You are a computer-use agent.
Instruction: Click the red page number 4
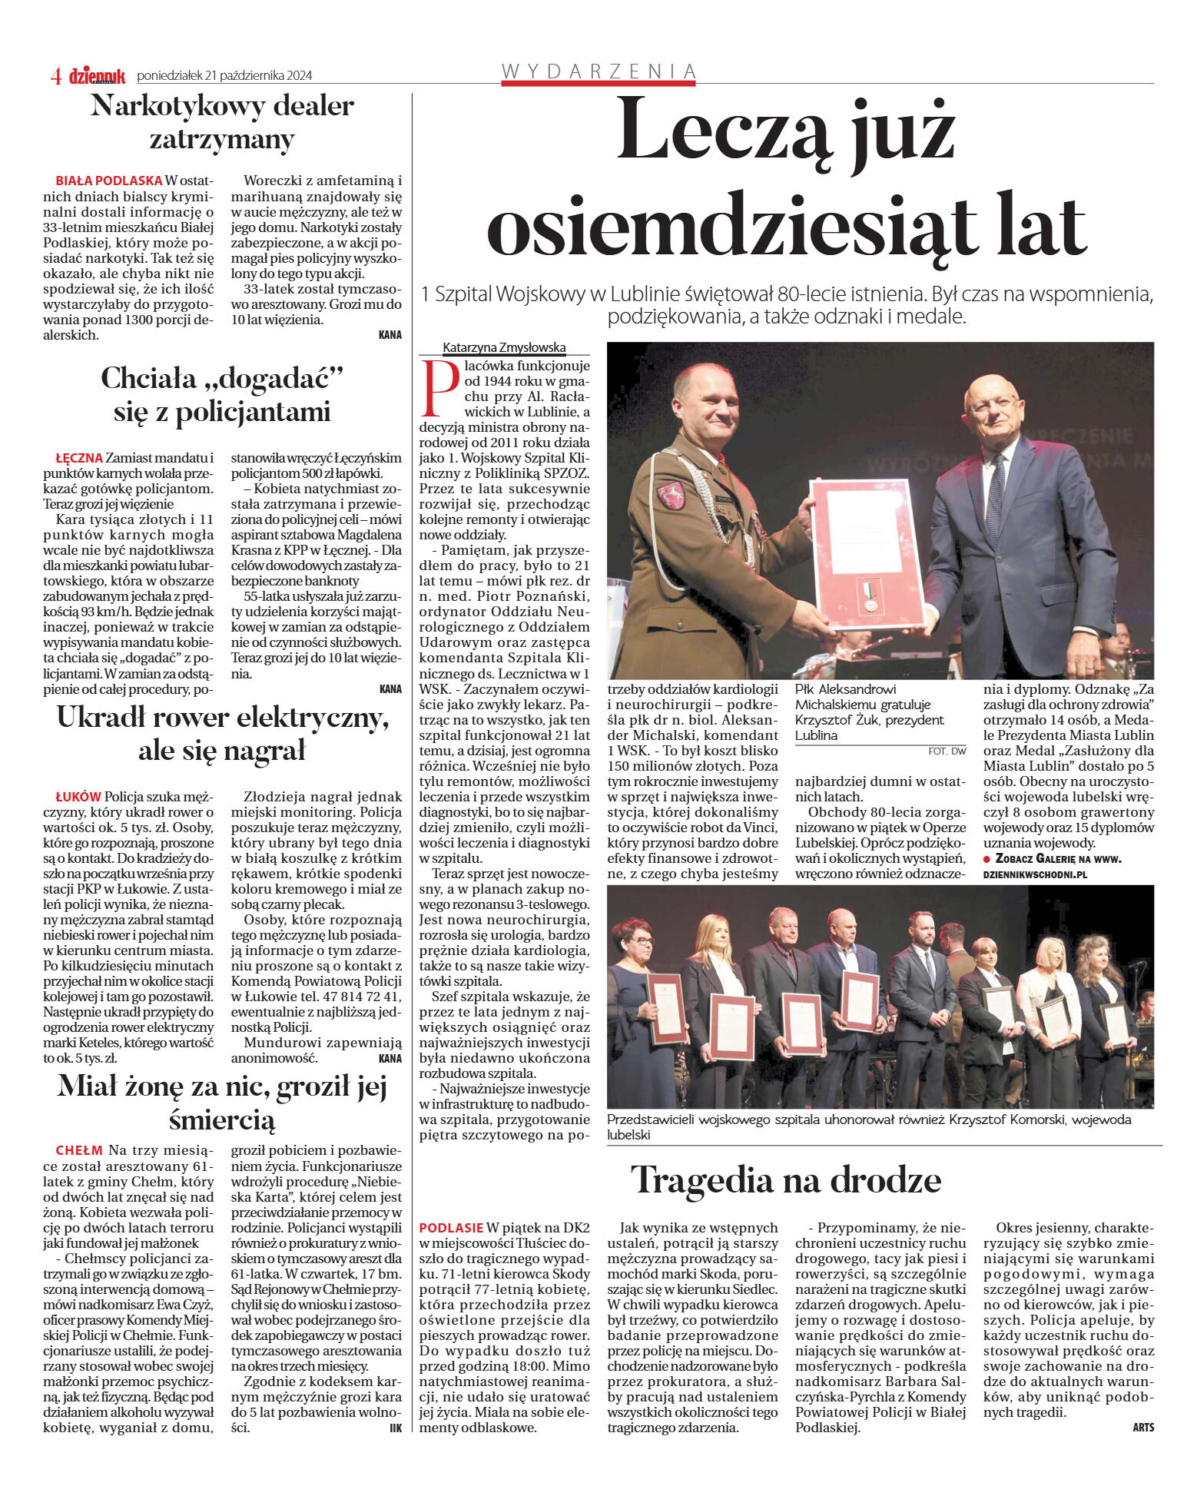pyautogui.click(x=55, y=75)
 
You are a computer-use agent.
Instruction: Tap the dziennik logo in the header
pyautogui.click(x=97, y=75)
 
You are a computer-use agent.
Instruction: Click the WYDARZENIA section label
pyautogui.click(x=598, y=71)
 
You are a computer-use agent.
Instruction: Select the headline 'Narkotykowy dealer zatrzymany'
pyautogui.click(x=222, y=121)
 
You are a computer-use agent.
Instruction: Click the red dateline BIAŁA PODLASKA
pyautogui.click(x=108, y=181)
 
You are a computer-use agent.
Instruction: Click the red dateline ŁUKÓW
pyautogui.click(x=78, y=797)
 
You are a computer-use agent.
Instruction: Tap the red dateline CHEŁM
pyautogui.click(x=79, y=1151)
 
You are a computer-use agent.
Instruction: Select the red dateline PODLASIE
pyautogui.click(x=451, y=1228)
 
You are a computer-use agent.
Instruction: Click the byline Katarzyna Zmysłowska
pyautogui.click(x=504, y=348)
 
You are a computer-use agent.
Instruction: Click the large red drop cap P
pyautogui.click(x=440, y=387)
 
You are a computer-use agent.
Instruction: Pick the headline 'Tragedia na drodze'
pyautogui.click(x=785, y=1180)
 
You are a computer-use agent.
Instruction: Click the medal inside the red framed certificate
pyautogui.click(x=870, y=601)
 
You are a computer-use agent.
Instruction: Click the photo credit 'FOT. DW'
pyautogui.click(x=947, y=751)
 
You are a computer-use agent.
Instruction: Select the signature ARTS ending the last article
pyautogui.click(x=1142, y=1428)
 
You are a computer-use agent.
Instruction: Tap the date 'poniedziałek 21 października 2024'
pyautogui.click(x=224, y=75)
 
